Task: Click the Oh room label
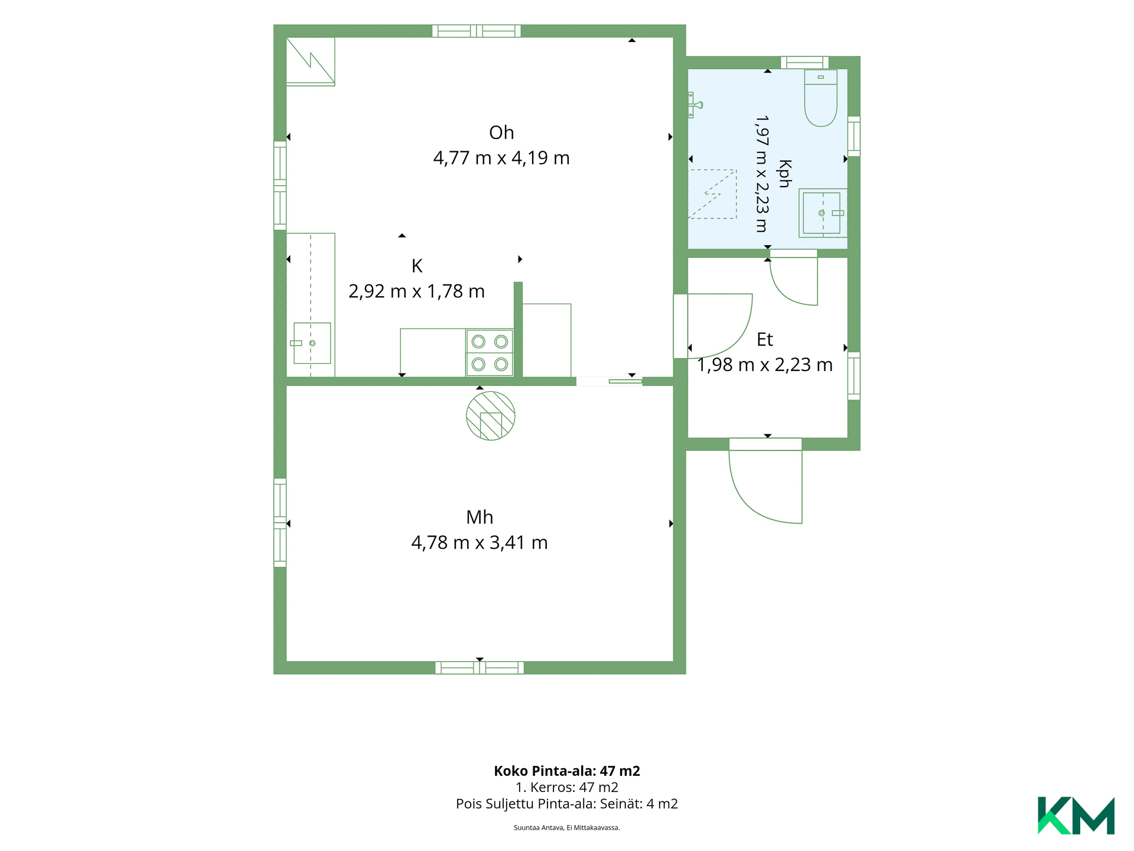point(501,132)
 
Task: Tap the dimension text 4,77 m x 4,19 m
point(501,158)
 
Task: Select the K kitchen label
point(417,266)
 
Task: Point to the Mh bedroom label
point(480,517)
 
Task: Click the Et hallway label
point(765,339)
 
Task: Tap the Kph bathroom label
point(785,174)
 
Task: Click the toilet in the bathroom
point(821,98)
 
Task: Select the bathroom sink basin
point(822,213)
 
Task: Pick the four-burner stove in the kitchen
point(490,353)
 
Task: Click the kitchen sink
point(312,343)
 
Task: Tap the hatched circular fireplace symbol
point(491,416)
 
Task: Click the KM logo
point(1076,816)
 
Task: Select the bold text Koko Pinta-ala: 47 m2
point(567,771)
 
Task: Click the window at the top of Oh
point(477,31)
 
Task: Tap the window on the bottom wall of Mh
point(480,668)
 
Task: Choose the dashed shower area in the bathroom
point(713,194)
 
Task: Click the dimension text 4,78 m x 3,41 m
point(480,543)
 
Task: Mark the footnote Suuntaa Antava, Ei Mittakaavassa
point(567,827)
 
